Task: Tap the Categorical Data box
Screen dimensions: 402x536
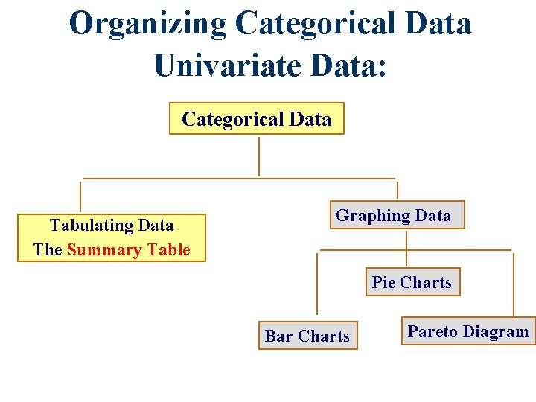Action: [x=257, y=118]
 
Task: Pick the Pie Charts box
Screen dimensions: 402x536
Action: [x=412, y=282]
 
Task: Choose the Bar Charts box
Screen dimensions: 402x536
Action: [x=307, y=336]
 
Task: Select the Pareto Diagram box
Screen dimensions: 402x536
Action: [x=468, y=331]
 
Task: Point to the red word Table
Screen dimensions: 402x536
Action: [x=168, y=249]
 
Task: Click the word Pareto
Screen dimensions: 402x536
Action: [x=433, y=331]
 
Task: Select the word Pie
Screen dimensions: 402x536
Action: [x=383, y=282]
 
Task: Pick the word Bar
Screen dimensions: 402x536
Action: [x=278, y=336]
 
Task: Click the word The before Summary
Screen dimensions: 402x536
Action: [x=48, y=249]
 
